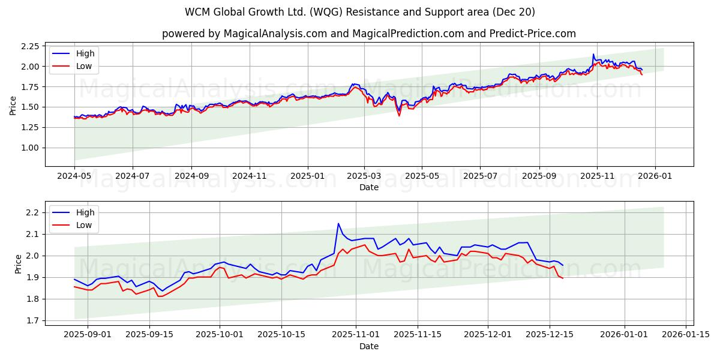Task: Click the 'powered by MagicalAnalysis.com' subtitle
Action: (368, 34)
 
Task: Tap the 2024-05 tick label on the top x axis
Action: (74, 176)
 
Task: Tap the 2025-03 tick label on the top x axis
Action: (364, 176)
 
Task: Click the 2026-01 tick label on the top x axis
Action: (655, 176)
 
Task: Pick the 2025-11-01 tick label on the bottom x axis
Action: (356, 335)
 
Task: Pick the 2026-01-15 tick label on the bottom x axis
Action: (686, 335)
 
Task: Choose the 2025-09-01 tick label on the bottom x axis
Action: (88, 335)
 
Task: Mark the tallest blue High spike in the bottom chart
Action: (338, 224)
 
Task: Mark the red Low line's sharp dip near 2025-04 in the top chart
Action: (399, 115)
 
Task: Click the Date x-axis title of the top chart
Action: (368, 187)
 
